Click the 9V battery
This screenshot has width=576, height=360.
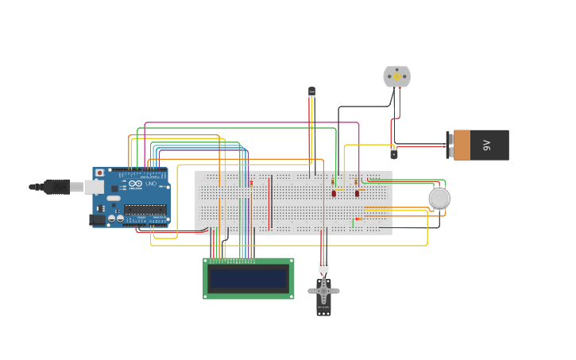481,145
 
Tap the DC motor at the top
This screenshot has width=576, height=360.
396,76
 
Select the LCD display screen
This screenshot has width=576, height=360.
248,279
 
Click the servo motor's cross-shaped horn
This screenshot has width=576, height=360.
323,291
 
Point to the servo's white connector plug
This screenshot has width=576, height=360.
323,267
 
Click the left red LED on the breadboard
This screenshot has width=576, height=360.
334,193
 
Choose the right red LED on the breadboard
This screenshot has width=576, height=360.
357,193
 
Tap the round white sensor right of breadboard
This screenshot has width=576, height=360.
439,198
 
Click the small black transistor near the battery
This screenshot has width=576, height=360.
393,153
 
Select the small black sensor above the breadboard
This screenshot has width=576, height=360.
311,92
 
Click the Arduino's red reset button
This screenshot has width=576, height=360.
99,172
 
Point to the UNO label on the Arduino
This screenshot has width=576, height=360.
151,184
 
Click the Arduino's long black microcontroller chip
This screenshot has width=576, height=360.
145,209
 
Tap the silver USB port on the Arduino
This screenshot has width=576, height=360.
94,187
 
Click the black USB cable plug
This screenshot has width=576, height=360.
56,187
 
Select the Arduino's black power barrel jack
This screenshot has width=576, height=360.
97,219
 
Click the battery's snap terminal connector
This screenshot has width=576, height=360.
450,145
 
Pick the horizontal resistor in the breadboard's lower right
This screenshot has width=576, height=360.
358,219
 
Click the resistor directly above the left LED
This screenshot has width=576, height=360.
333,181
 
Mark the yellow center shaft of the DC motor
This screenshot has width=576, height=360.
396,76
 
